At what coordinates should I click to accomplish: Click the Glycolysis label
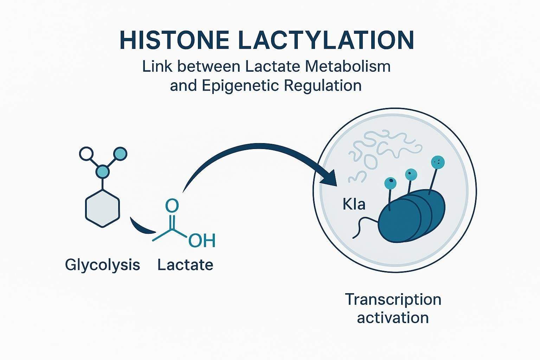[103, 265]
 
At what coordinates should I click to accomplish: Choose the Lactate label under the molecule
[185, 265]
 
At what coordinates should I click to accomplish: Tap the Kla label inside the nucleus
[354, 204]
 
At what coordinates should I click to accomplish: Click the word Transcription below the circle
[393, 300]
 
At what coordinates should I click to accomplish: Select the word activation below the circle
[393, 318]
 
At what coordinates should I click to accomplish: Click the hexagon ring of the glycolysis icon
[103, 208]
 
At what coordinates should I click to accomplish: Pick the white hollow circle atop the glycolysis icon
[86, 154]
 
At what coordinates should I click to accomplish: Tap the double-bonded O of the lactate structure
[172, 206]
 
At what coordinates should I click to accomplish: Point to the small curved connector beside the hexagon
[141, 227]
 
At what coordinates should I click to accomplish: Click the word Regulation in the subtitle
[323, 85]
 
